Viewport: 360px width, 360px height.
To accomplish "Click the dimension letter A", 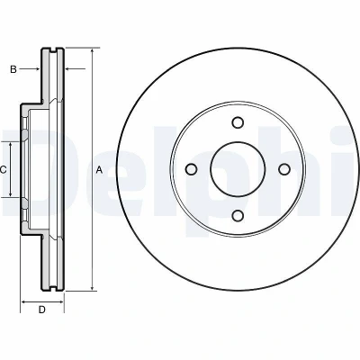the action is pos(99,170).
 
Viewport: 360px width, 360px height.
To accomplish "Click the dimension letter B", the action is pos(13,69).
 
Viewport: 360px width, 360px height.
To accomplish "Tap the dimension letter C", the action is pos(3,170).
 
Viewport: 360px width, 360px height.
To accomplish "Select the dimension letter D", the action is pos(42,310).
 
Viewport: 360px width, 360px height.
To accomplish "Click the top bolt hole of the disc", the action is pos(238,122).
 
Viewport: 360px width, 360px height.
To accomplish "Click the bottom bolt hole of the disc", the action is pos(238,215).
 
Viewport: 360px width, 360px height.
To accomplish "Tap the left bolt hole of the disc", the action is pos(192,169).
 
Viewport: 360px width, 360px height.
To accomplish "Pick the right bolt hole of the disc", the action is pos(283,169).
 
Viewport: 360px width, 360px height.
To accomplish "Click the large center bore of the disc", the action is pos(238,169).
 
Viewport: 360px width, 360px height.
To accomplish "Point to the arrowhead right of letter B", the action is pos(37,69).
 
